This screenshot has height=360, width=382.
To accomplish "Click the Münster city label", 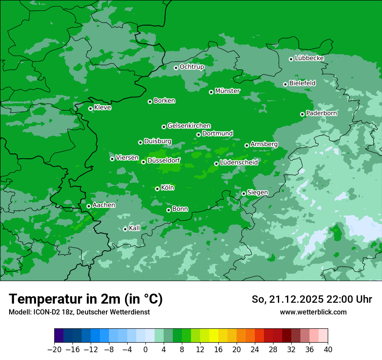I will [227, 91].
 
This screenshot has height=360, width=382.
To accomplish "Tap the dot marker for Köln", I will [157, 189].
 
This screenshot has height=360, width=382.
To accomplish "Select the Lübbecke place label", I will [309, 58].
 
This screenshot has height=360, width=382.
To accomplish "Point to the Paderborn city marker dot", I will [302, 114].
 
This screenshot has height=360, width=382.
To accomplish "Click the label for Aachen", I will [104, 205].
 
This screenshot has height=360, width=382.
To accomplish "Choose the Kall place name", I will [135, 228].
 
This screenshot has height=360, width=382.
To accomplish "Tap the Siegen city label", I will [257, 193].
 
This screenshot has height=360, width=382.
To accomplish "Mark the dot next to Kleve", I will [90, 108].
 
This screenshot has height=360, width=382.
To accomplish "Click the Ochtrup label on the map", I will [191, 67].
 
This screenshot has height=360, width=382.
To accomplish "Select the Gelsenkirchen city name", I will [189, 126].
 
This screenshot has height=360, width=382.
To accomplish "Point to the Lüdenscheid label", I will [239, 163].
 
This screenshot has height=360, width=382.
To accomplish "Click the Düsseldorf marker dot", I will [143, 162].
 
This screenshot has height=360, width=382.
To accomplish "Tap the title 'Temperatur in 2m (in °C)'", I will [86, 299].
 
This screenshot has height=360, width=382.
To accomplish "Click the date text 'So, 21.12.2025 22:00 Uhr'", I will [312, 299].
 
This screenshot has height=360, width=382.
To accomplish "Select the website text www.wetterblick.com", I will [313, 312].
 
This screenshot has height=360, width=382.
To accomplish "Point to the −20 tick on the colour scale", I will [54, 350].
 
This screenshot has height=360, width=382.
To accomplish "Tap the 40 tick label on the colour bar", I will [328, 350].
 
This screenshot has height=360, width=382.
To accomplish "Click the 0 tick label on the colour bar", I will [145, 350].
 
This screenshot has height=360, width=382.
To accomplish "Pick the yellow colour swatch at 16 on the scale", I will [214, 336].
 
